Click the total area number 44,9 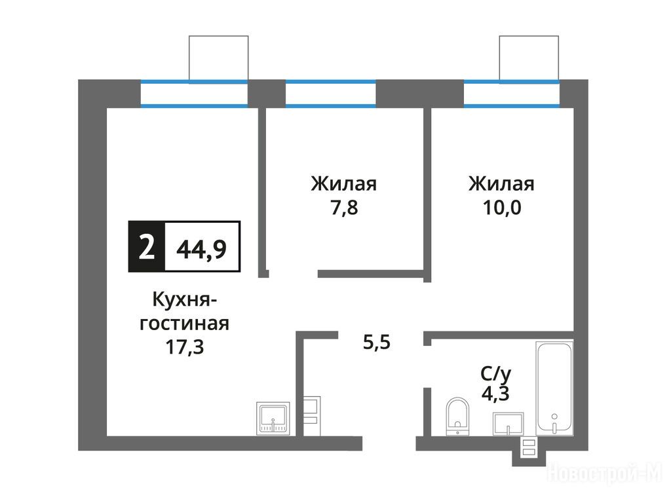[x=202, y=249]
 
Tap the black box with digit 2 [x=146, y=247]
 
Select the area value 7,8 [x=344, y=208]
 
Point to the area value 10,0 [x=501, y=208]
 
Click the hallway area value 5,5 [x=377, y=343]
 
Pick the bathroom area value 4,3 [x=495, y=394]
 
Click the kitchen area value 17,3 [x=184, y=347]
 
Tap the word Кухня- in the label [x=184, y=300]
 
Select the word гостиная [x=184, y=324]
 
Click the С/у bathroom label [x=495, y=374]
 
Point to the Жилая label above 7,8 [x=343, y=184]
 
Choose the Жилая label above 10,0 [x=501, y=184]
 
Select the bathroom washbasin [x=508, y=424]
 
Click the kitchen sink [x=273, y=419]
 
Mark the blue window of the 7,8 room [x=331, y=93]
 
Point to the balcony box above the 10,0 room [x=529, y=58]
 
